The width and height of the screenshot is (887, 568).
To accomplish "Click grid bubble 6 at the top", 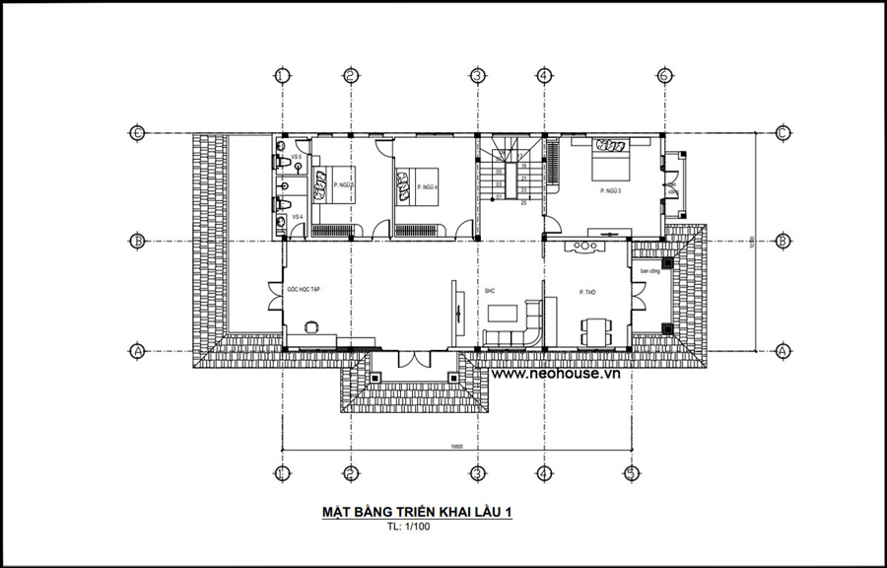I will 664,75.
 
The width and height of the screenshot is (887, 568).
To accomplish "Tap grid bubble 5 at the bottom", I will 629,472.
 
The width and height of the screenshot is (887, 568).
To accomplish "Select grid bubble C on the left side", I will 139,133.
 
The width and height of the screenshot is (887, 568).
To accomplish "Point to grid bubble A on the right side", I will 782,350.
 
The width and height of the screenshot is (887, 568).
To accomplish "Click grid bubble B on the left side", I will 139,240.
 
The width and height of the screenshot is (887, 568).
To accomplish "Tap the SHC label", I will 489,291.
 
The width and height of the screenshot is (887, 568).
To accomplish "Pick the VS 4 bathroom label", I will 296,217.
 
